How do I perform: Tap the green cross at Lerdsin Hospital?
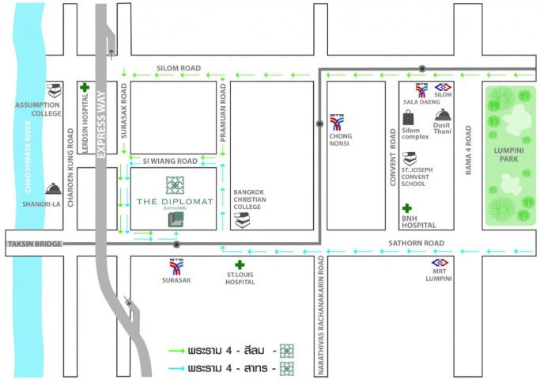pos(84,87)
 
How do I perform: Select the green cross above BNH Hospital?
pos(408,207)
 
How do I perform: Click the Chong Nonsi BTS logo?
pos(338,123)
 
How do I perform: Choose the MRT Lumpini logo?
pos(439,263)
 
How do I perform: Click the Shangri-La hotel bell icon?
pos(53,188)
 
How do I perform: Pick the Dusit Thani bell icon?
pos(442,116)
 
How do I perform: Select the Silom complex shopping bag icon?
pos(409,117)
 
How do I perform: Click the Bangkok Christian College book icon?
pos(243,220)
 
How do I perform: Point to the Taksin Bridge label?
pos(34,244)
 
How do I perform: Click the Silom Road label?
pos(179,68)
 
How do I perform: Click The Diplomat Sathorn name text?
pos(175,202)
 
